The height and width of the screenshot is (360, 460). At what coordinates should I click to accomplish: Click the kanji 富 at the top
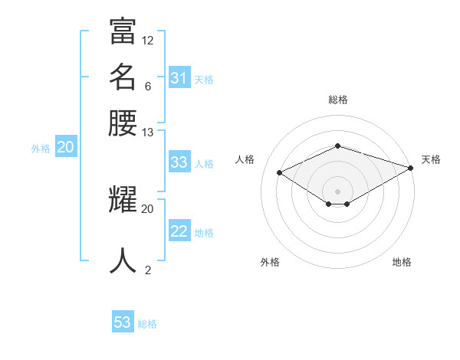(x=123, y=33)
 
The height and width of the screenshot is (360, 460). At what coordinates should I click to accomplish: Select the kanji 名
(x=123, y=77)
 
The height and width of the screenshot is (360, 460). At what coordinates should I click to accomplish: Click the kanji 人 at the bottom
(x=123, y=260)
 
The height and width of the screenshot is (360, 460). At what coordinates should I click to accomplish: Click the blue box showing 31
(x=179, y=78)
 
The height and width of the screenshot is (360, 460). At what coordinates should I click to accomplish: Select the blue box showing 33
(x=179, y=162)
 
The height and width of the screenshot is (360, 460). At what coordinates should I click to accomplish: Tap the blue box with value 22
(x=179, y=232)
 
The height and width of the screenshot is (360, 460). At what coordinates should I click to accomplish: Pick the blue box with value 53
(x=123, y=322)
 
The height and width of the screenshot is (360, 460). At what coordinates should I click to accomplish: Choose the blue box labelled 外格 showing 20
(x=66, y=148)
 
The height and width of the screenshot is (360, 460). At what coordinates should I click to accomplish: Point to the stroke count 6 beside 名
(x=148, y=86)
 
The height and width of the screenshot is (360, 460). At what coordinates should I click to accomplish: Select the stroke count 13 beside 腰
(x=148, y=132)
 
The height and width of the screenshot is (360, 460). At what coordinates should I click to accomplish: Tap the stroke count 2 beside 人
(x=148, y=269)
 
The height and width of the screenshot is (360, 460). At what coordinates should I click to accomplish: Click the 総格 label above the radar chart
(x=338, y=100)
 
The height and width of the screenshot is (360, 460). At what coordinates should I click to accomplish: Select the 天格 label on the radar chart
(x=431, y=159)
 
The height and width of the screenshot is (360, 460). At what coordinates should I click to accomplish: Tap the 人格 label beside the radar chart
(x=245, y=159)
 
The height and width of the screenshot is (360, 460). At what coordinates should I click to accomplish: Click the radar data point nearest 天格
(x=411, y=168)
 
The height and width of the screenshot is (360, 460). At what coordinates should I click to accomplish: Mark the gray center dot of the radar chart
(x=338, y=191)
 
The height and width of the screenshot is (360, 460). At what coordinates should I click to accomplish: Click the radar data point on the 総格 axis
(x=338, y=146)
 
